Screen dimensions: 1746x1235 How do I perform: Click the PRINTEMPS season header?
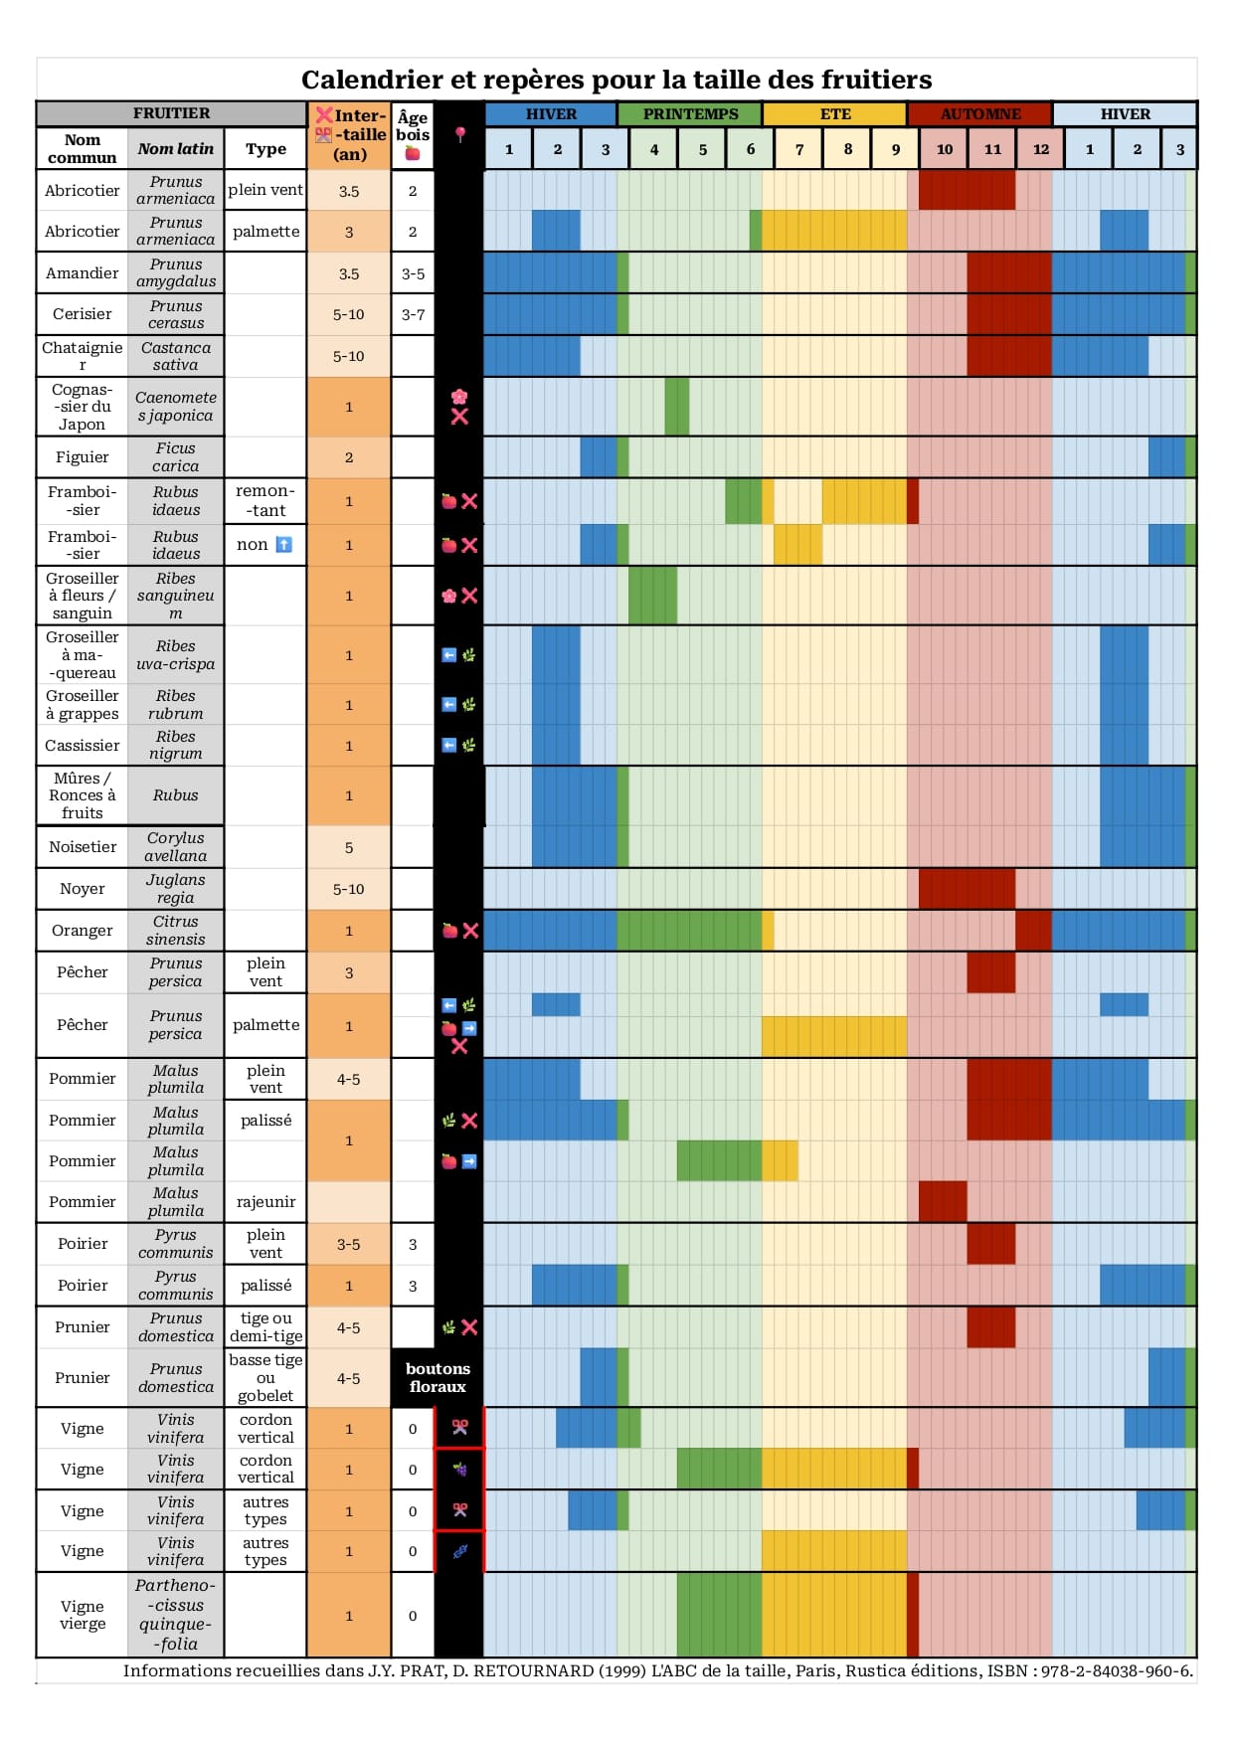point(690,114)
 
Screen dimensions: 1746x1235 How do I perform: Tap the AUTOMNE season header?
point(979,114)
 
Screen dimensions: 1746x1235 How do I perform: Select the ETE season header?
point(834,114)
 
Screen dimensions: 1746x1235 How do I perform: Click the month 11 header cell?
point(992,149)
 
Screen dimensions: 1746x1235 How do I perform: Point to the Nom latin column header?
point(176,149)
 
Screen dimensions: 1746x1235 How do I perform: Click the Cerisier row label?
point(83,314)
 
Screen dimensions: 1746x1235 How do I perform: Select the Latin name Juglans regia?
point(176,889)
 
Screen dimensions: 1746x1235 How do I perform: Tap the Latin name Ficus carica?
point(176,457)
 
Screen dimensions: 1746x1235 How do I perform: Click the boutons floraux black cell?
point(438,1378)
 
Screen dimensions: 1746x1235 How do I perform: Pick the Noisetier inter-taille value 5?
point(349,848)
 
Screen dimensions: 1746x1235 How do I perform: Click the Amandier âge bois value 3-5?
point(413,273)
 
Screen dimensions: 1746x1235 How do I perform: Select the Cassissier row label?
point(83,746)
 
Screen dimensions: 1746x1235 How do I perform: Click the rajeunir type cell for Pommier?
point(265,1202)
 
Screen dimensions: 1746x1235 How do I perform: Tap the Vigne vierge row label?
point(83,1615)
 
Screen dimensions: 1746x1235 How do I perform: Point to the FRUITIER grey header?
point(171,113)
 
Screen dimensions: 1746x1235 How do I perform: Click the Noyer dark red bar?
point(967,889)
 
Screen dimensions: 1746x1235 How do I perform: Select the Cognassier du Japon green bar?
point(677,407)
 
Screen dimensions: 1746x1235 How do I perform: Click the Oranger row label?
point(83,931)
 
